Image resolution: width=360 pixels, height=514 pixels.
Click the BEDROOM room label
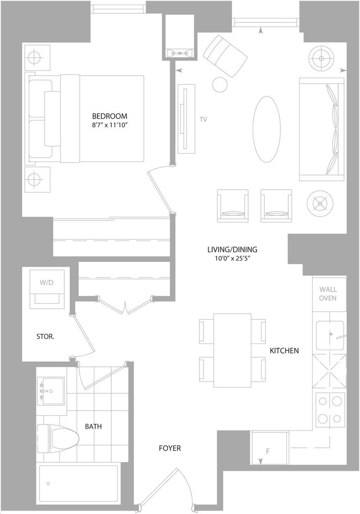[x=109, y=116]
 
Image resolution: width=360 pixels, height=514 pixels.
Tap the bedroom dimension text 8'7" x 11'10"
[x=109, y=126]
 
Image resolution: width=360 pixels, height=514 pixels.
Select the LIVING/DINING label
[x=232, y=250]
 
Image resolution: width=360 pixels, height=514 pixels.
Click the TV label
[x=203, y=120]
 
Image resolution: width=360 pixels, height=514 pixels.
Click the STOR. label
[x=45, y=337]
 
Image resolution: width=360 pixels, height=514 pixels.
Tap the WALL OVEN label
[x=328, y=294]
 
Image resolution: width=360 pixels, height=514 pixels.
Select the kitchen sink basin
[x=330, y=336]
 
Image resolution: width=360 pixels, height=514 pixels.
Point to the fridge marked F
[x=270, y=448]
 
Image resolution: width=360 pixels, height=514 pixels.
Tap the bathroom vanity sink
[x=51, y=391]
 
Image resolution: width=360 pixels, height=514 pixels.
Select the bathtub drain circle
[x=48, y=483]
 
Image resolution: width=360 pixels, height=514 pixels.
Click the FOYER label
[x=170, y=448]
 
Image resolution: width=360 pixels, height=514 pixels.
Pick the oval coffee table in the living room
[x=267, y=129]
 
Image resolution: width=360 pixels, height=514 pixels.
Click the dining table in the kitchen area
[x=232, y=350]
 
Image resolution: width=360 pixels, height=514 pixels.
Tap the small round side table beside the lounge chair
[x=220, y=85]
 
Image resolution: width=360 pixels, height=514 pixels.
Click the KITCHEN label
[x=284, y=351]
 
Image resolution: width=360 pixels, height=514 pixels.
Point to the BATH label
[x=93, y=427]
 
